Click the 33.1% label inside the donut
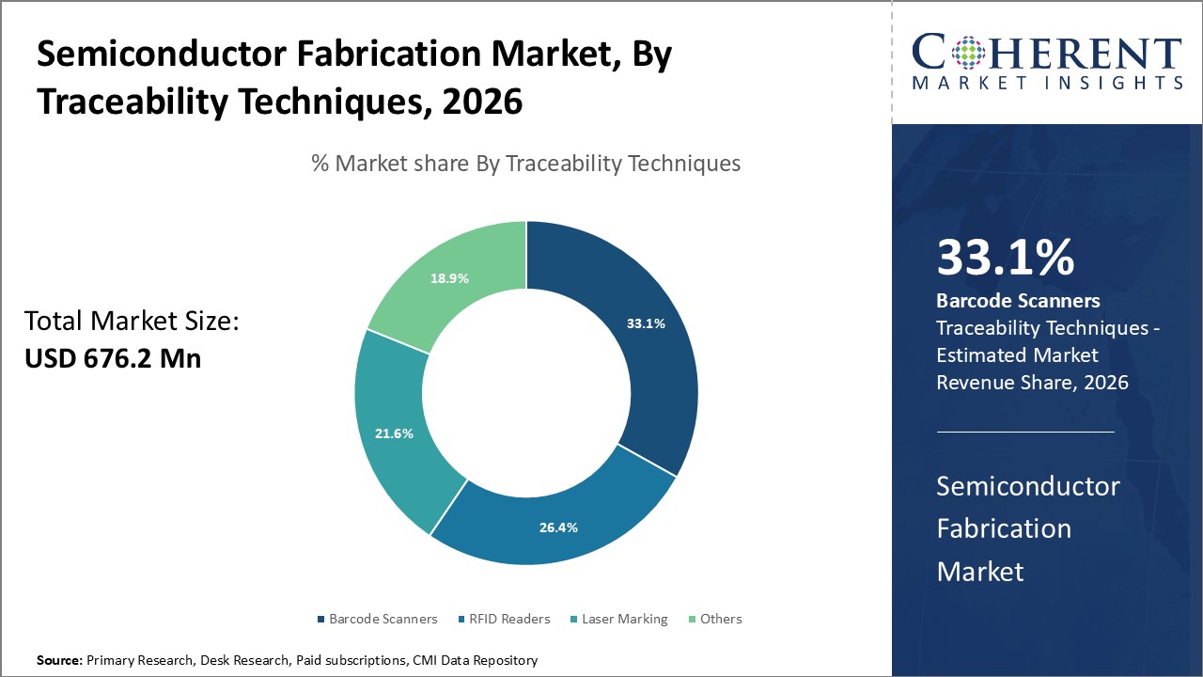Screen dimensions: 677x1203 (646, 323)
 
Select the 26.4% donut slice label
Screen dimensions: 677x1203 (558, 527)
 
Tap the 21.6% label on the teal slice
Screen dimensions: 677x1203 (394, 433)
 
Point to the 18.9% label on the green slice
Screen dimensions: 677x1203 (449, 278)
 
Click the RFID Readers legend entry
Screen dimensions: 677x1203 (505, 619)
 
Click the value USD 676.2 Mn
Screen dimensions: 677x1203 (113, 358)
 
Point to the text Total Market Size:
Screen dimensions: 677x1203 (132, 322)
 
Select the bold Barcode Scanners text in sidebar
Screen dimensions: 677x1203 (1018, 301)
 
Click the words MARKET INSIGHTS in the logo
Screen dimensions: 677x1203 (1047, 84)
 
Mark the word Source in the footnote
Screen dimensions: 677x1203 (59, 661)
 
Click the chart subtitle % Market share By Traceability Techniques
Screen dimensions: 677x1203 (526, 164)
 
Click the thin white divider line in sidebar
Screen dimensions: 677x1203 (1024, 433)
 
